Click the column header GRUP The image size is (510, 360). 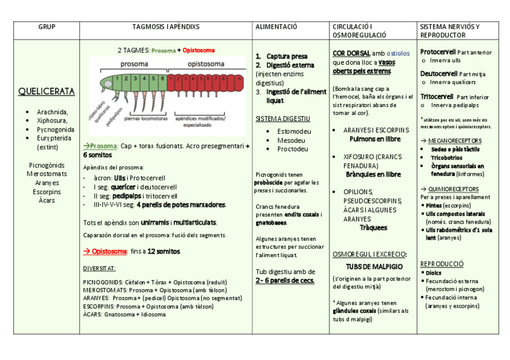[x=46, y=27]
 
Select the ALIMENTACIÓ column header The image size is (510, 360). [x=276, y=27]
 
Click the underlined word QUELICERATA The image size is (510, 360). [x=46, y=92]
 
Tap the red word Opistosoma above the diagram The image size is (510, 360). [x=198, y=50]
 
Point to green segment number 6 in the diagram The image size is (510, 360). [x=162, y=78]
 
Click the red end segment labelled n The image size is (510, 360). [x=240, y=78]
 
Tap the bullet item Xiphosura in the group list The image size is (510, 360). [x=52, y=120]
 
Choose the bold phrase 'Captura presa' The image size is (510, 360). [x=286, y=56]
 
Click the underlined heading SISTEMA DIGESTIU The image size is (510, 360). [x=283, y=118]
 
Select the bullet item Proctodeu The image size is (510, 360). [x=292, y=149]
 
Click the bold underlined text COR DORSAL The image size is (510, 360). [x=351, y=53]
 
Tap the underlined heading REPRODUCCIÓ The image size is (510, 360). [x=441, y=264]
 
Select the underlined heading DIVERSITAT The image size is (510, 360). [x=99, y=268]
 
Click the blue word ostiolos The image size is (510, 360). [x=399, y=53]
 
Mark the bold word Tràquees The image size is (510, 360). [x=373, y=228]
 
